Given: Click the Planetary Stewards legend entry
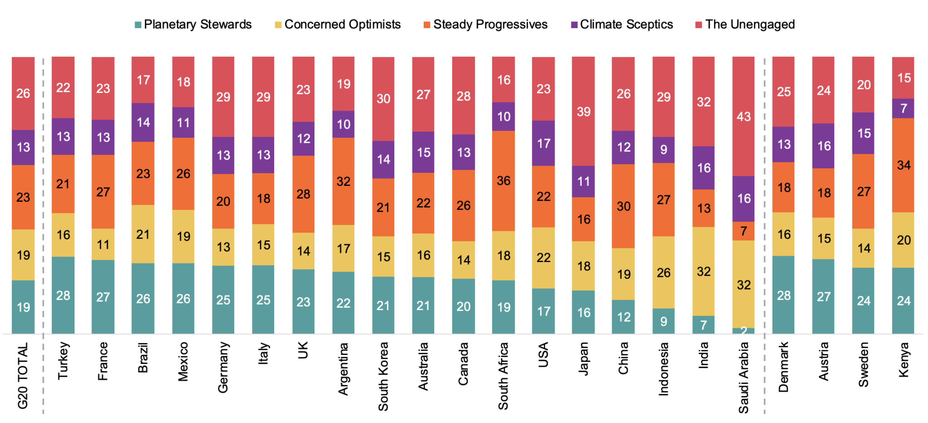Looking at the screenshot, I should (x=193, y=24).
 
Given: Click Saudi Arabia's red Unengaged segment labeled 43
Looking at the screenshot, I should (x=744, y=117).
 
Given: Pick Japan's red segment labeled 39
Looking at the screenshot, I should (x=584, y=112).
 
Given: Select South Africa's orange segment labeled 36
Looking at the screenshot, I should (x=503, y=180).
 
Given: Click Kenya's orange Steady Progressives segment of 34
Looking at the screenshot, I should (x=903, y=165).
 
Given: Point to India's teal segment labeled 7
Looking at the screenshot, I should (x=704, y=325).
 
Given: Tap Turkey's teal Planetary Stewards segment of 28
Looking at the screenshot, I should (x=63, y=295).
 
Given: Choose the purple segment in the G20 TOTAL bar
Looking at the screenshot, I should (x=23, y=147).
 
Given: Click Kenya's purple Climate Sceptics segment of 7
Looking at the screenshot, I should (x=903, y=108).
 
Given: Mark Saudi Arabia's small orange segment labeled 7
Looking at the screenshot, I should (x=744, y=231).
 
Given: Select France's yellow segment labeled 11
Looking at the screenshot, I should (x=103, y=244).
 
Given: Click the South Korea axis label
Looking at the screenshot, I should (x=383, y=376).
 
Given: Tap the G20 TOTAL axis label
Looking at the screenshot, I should (x=23, y=375).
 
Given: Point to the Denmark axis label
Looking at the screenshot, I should (x=783, y=367).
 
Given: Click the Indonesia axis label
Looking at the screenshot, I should (x=663, y=369).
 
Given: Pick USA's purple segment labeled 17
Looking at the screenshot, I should (x=543, y=143).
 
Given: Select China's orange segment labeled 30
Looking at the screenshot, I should (x=623, y=206).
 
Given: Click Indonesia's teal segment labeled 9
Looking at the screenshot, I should (x=663, y=321).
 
